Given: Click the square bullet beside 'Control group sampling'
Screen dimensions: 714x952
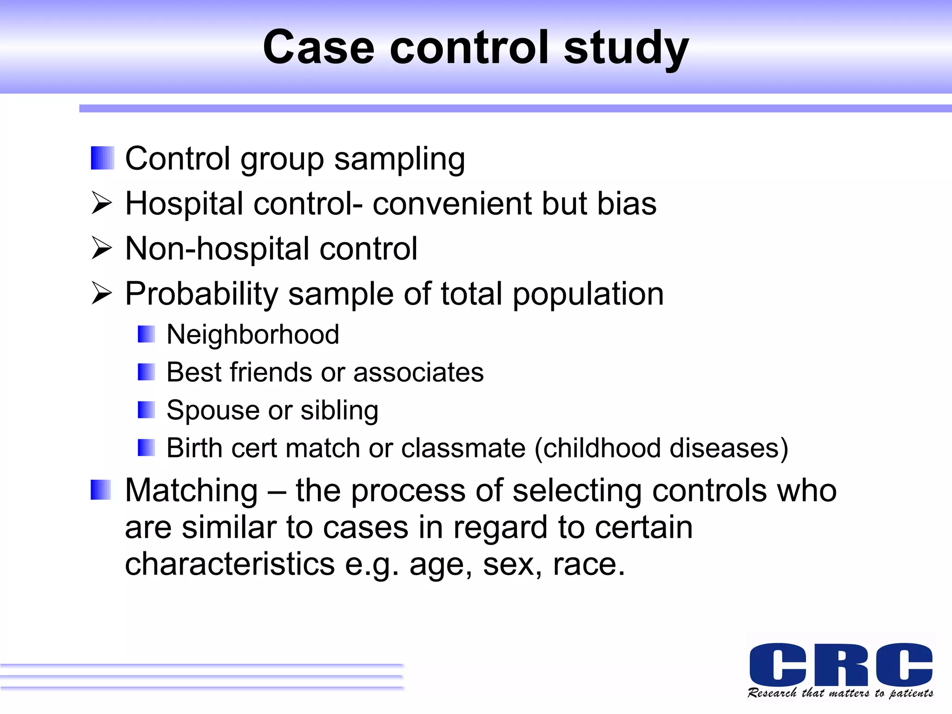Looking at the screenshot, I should click(x=102, y=158).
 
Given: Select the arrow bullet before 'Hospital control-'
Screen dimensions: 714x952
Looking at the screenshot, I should click(x=102, y=204).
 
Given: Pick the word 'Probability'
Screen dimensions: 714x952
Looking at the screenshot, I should click(x=201, y=294).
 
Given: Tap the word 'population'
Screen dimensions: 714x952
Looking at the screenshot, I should click(x=588, y=294).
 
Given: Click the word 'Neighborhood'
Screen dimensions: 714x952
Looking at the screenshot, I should click(x=253, y=334).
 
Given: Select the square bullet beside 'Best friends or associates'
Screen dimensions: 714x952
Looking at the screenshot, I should click(x=146, y=372).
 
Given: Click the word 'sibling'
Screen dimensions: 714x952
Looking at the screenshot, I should click(x=339, y=410).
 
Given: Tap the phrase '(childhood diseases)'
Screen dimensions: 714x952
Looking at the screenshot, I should click(x=661, y=448).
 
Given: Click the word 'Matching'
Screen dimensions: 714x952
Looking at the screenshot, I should click(x=192, y=490).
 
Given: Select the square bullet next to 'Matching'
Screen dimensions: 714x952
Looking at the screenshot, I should click(x=101, y=490).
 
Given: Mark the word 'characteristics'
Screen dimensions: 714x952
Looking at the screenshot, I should click(x=230, y=564).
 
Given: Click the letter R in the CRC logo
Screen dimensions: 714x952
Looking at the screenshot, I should click(x=841, y=664).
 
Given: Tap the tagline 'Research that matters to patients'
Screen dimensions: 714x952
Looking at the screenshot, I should click(x=840, y=693).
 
